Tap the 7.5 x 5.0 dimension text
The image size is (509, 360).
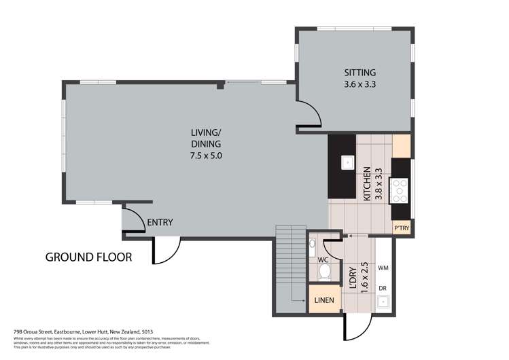click(x=206, y=156)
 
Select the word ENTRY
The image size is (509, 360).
click(x=160, y=222)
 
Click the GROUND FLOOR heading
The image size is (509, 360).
click(x=88, y=257)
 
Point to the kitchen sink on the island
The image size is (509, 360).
click(x=347, y=162)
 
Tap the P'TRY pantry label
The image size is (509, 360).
click(x=401, y=228)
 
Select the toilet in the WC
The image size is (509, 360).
click(x=325, y=272)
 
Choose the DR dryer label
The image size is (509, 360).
click(x=383, y=289)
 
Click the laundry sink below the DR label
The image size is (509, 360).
click(x=384, y=302)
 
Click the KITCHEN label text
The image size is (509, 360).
click(x=367, y=183)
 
